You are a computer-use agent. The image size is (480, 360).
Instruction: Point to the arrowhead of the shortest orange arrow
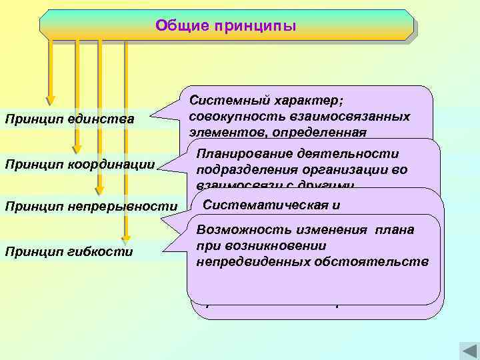pos(50,100)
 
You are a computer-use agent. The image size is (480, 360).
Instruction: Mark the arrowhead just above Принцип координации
pos(77,148)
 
